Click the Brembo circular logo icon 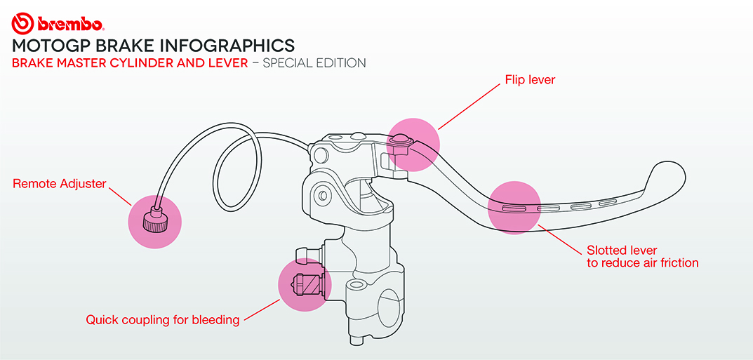(x=22, y=23)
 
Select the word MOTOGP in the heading (x=46, y=46)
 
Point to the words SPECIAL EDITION (x=314, y=63)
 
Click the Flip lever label (x=530, y=80)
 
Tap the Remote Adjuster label (x=60, y=184)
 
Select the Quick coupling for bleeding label (x=162, y=320)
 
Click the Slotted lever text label (x=622, y=251)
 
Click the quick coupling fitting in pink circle (x=306, y=284)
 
